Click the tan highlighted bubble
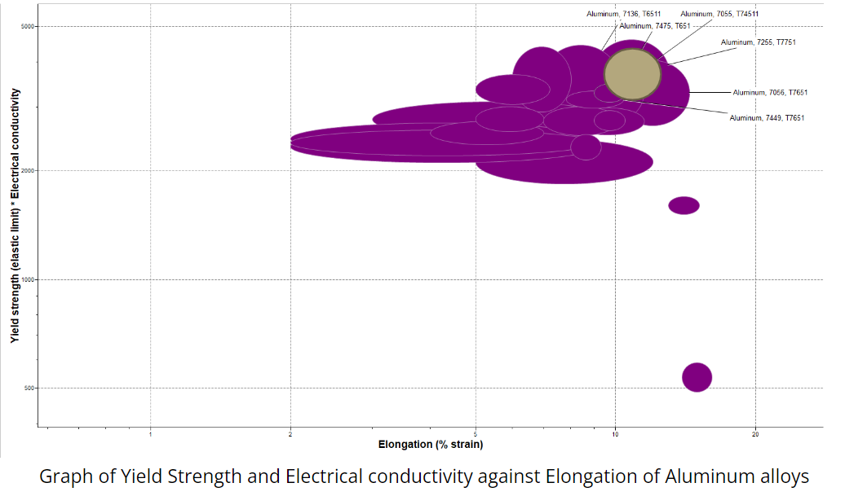pyautogui.click(x=632, y=74)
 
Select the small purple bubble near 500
pyautogui.click(x=697, y=377)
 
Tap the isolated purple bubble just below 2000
pyautogui.click(x=684, y=205)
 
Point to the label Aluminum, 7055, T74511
pyautogui.click(x=719, y=14)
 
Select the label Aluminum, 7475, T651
pyautogui.click(x=661, y=26)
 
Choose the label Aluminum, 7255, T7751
pyautogui.click(x=758, y=42)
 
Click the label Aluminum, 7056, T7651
pyautogui.click(x=770, y=92)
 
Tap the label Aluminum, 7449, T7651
pyautogui.click(x=767, y=118)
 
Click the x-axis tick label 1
pyautogui.click(x=151, y=433)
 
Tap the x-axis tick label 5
pyautogui.click(x=476, y=433)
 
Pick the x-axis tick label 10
pyautogui.click(x=616, y=433)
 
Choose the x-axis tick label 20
pyautogui.click(x=755, y=433)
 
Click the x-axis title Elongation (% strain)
pyautogui.click(x=431, y=445)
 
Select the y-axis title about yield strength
pyautogui.click(x=15, y=215)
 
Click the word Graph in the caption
pyautogui.click(x=64, y=476)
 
